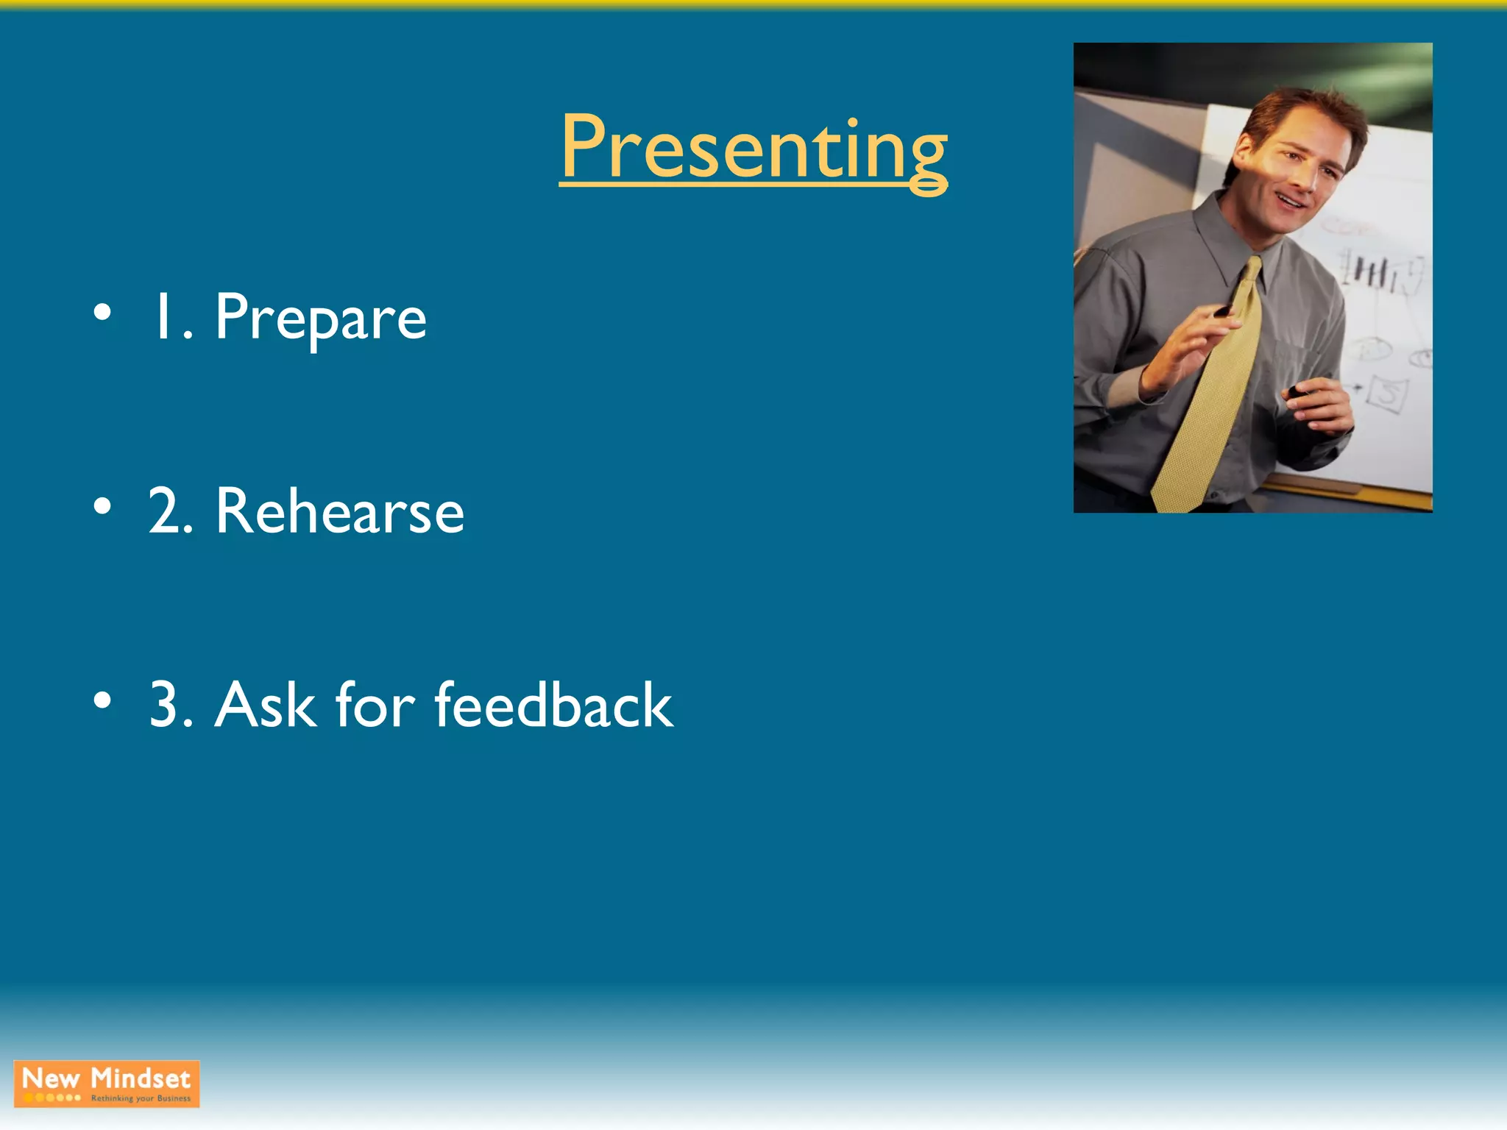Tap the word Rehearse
[x=340, y=511]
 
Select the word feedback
[x=553, y=705]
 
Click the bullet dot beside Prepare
[x=103, y=313]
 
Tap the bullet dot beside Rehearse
[x=103, y=506]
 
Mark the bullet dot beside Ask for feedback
[x=103, y=700]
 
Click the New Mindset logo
[x=107, y=1083]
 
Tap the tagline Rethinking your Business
[x=141, y=1098]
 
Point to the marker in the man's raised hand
[x=1224, y=310]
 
